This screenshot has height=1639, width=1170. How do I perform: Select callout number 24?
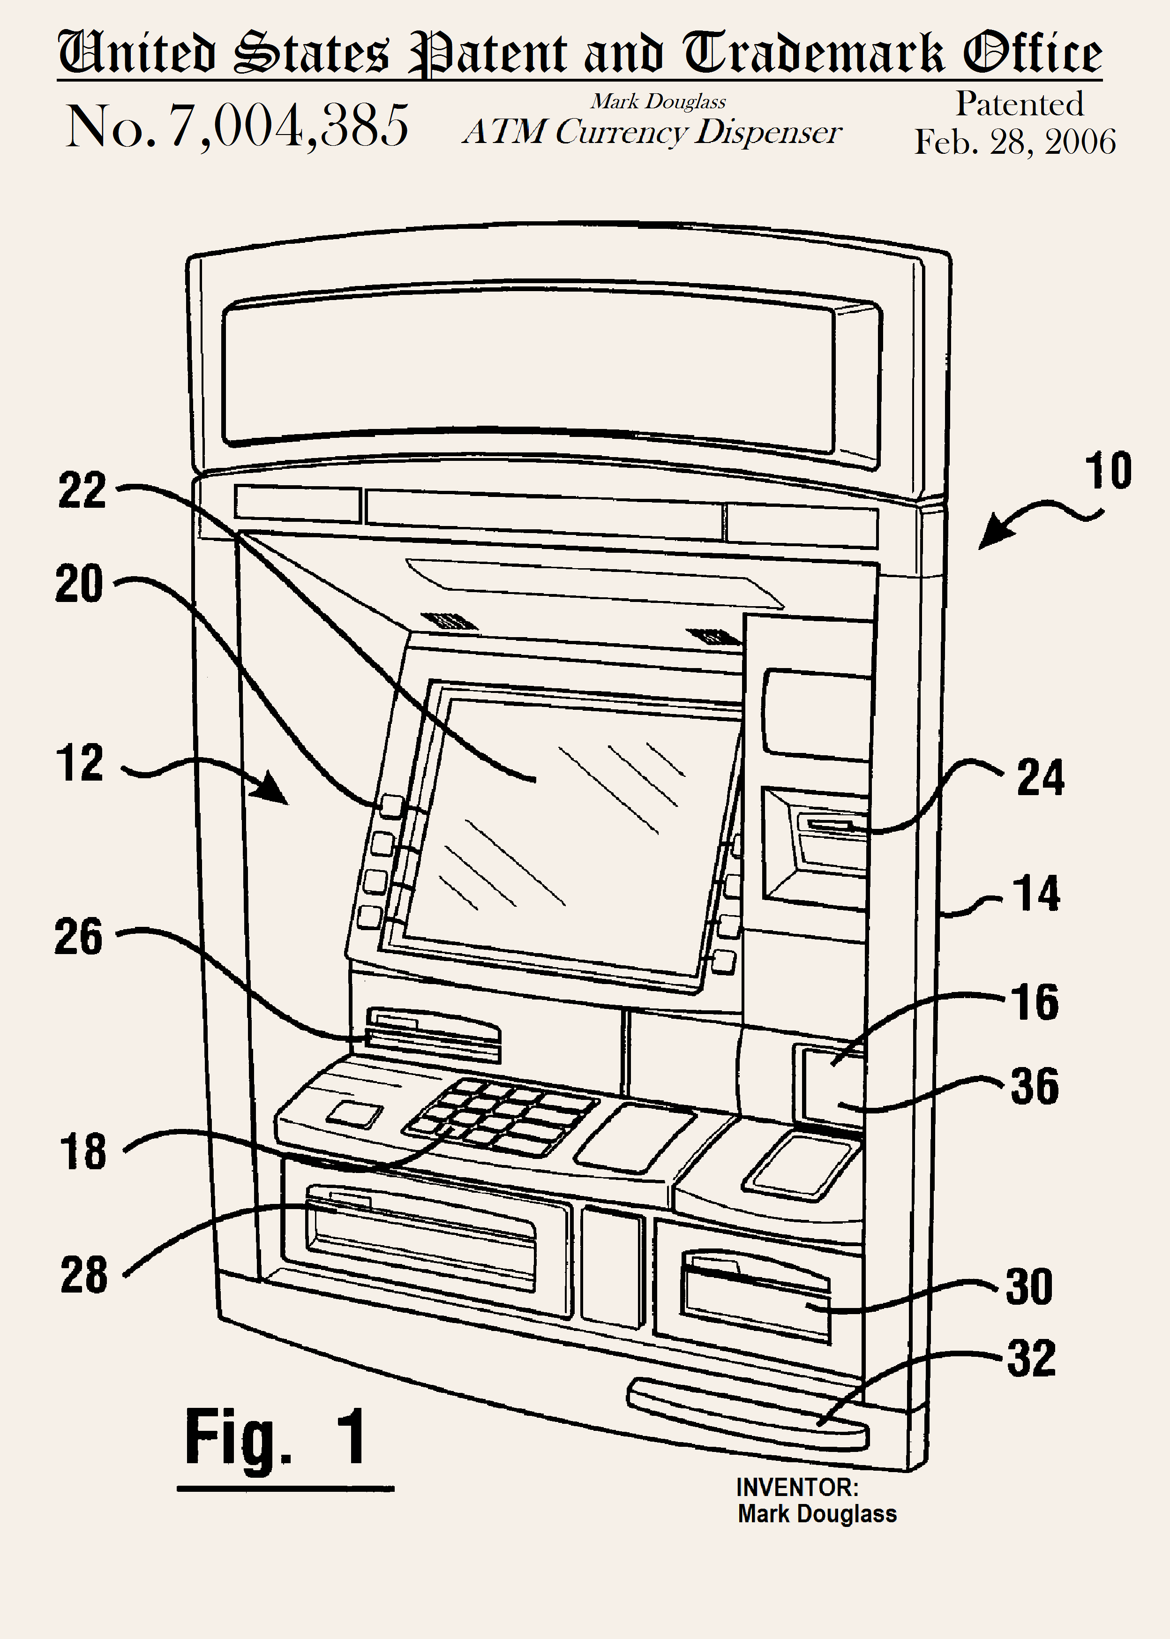point(1040,778)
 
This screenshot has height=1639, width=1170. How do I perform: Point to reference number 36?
point(1035,1086)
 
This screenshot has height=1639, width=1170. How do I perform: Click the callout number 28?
point(83,1275)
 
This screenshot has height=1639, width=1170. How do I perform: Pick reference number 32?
point(1031,1359)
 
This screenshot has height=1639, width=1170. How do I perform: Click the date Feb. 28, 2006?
point(1015,142)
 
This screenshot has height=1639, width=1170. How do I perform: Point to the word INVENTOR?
point(797,1487)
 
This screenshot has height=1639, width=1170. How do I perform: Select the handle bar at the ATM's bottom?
point(748,1414)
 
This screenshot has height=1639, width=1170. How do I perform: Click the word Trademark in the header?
point(813,54)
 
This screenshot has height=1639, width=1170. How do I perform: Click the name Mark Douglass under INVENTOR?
point(817,1514)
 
